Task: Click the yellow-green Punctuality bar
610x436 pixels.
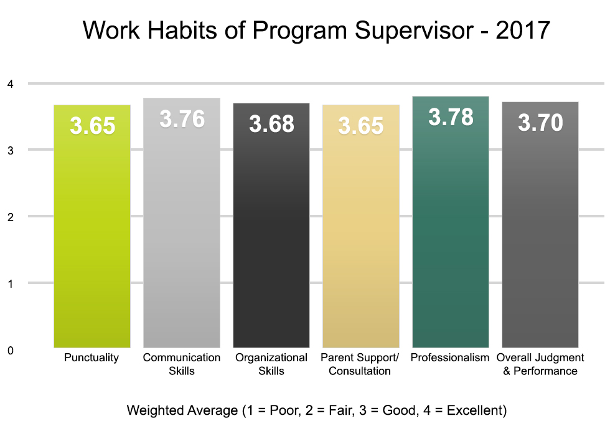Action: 92,237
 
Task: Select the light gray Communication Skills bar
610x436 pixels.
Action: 182,237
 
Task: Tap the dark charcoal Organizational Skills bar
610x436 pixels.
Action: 271,237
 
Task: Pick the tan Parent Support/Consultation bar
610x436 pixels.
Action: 361,237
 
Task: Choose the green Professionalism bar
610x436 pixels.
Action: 451,237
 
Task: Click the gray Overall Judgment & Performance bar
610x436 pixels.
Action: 540,237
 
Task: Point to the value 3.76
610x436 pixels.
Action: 182,119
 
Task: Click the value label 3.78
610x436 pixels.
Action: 451,117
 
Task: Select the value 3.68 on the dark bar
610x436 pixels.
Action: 271,124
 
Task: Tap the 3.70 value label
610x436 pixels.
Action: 540,123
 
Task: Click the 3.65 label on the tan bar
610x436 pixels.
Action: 361,126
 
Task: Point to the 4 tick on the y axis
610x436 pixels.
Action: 11,83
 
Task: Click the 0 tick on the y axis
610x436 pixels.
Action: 11,350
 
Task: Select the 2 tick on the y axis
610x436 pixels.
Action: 11,217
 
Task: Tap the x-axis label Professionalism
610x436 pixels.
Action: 451,358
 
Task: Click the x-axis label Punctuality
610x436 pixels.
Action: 91,358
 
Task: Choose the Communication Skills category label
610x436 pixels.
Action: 182,364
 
